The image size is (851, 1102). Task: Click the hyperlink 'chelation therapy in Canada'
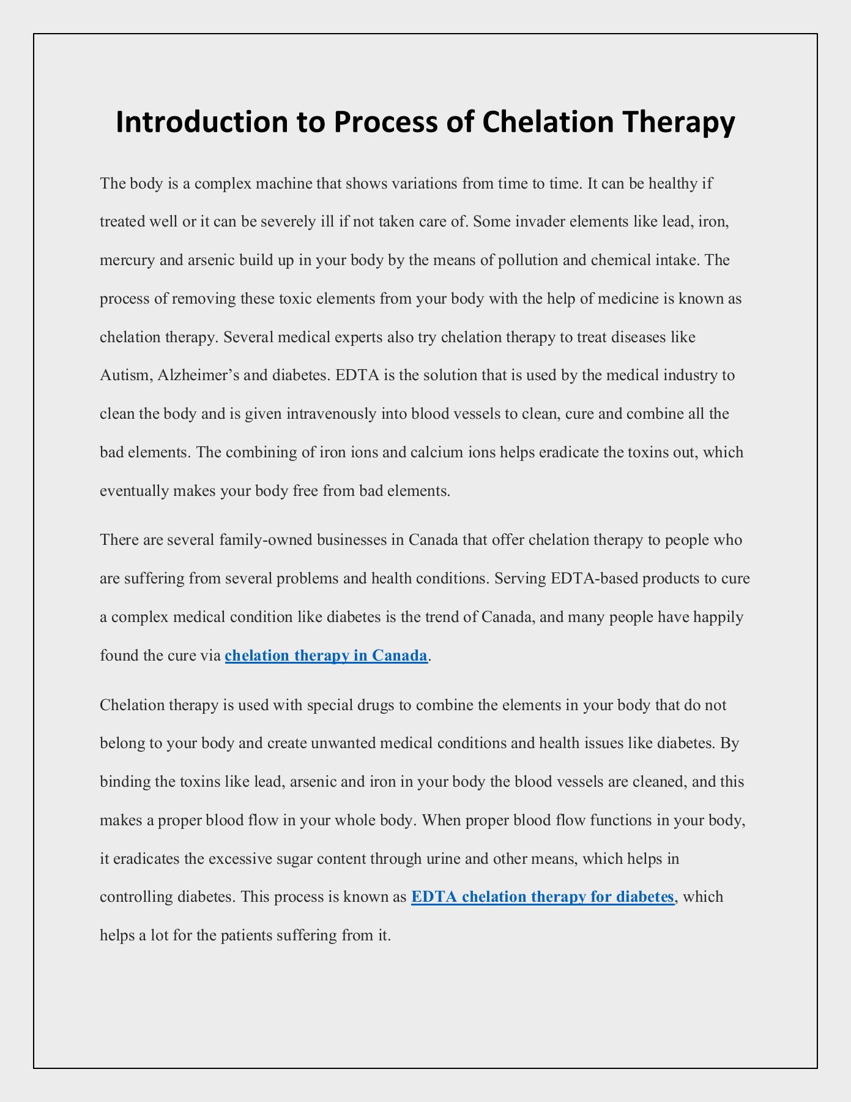click(x=326, y=656)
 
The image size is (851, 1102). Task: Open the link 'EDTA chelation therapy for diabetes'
click(x=543, y=897)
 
